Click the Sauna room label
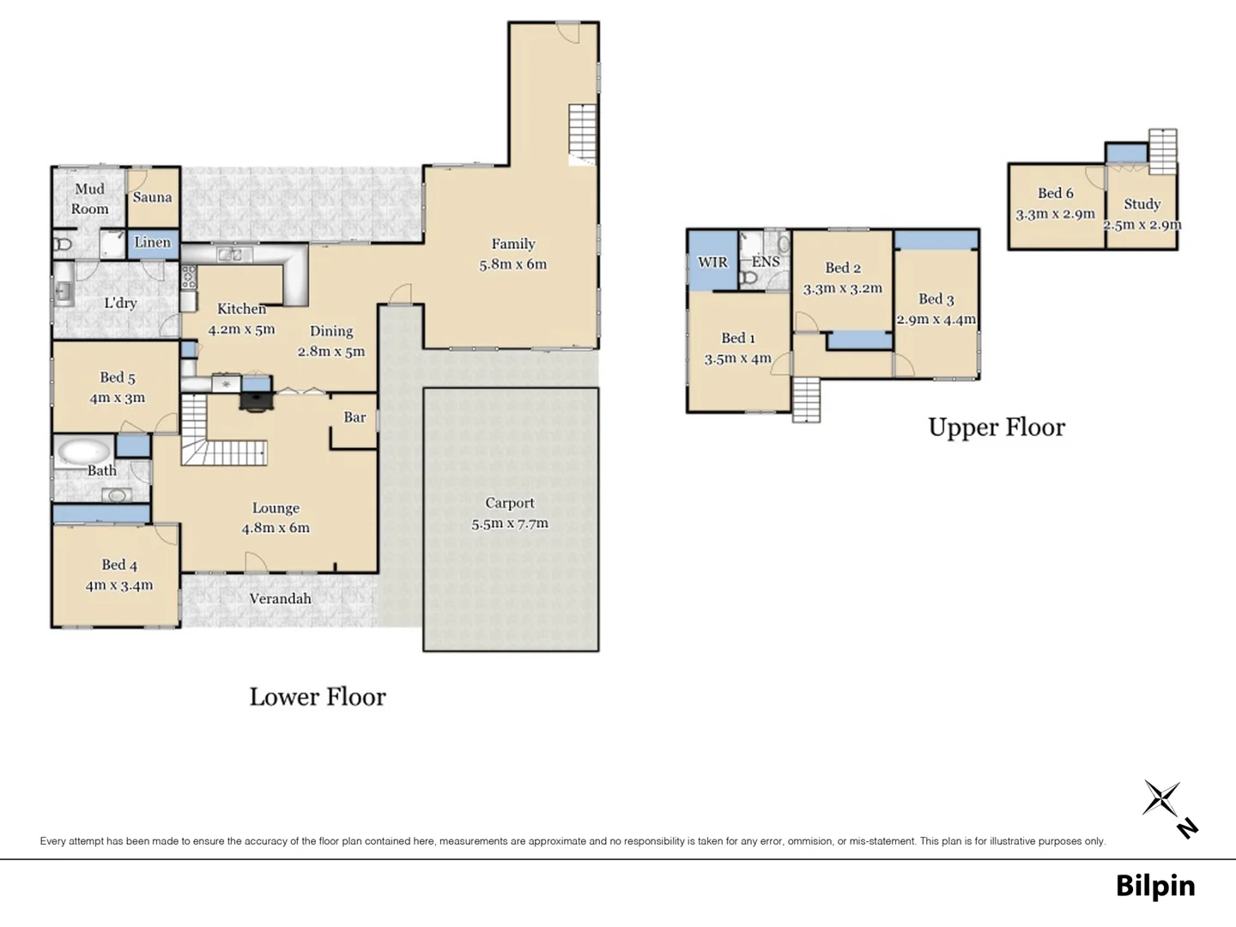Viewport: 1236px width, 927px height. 152,197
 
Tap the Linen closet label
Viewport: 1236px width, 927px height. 152,243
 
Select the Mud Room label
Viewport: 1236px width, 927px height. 89,199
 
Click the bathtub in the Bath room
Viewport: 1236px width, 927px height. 84,451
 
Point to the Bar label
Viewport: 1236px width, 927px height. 354,418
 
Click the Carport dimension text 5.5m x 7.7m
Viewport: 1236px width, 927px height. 510,524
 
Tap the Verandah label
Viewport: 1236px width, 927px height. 280,599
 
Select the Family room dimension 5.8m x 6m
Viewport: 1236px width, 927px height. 512,264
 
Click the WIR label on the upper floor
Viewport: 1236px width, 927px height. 712,263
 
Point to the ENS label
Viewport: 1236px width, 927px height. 766,263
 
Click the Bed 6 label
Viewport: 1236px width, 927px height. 1055,194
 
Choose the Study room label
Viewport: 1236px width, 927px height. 1142,204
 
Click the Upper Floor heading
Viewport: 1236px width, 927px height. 996,427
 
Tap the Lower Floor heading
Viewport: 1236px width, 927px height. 318,697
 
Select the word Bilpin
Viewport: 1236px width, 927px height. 1154,886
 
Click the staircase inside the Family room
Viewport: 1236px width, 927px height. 583,134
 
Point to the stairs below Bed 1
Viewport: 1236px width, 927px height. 806,400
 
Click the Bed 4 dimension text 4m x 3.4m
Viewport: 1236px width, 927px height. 119,585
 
